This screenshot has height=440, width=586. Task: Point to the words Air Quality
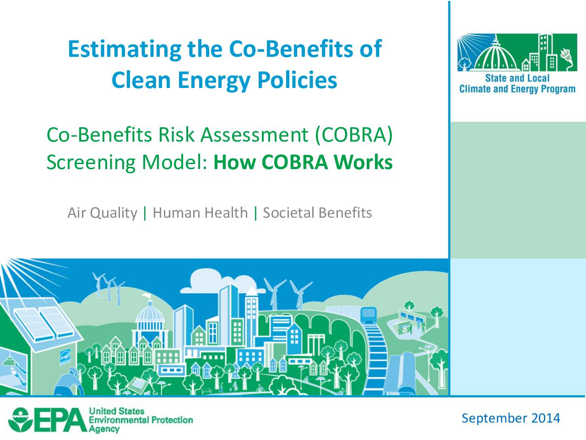[x=102, y=213]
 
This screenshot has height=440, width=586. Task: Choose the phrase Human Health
[x=200, y=213]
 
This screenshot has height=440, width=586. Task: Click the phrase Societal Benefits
[x=317, y=213]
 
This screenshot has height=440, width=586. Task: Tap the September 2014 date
[x=511, y=418]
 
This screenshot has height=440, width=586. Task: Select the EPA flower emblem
[x=21, y=420]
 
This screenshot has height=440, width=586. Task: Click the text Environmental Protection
[x=141, y=420]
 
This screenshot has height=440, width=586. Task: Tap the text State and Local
[x=517, y=78]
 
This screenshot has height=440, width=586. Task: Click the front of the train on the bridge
[x=369, y=315]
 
